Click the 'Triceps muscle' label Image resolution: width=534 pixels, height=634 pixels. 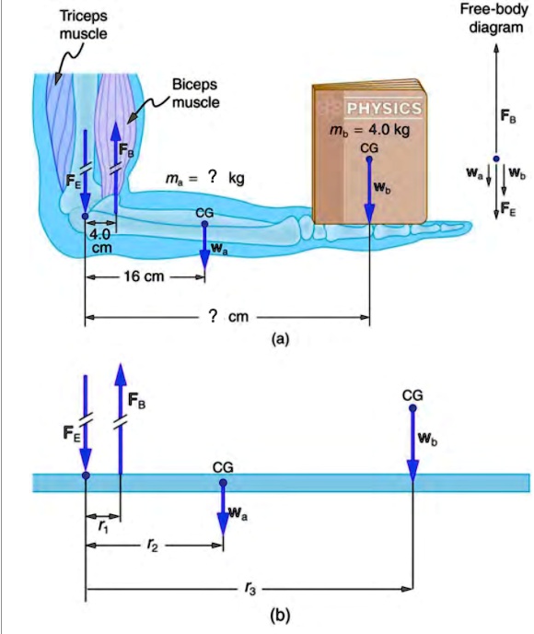(x=83, y=26)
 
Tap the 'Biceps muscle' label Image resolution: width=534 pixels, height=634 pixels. (x=194, y=93)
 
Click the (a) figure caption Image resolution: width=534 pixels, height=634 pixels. (x=280, y=338)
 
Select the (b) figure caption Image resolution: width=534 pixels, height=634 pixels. (x=280, y=615)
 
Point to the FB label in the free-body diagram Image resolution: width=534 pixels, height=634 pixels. (x=507, y=116)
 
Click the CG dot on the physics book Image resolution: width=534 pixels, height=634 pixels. (x=369, y=158)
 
